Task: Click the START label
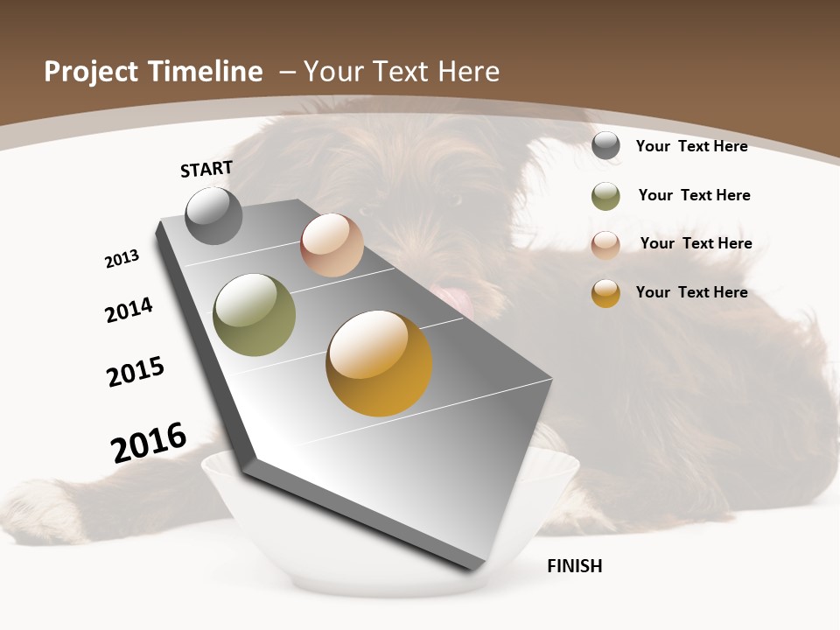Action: (x=206, y=169)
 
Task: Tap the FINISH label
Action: (x=574, y=566)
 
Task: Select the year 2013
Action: (x=122, y=258)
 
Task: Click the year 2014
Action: (x=129, y=310)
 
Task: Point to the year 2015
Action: (x=136, y=371)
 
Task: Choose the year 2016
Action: (x=149, y=442)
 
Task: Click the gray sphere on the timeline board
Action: (x=213, y=215)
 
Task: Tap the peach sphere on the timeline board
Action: (x=332, y=245)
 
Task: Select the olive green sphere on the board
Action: (x=254, y=315)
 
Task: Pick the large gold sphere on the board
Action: (x=379, y=363)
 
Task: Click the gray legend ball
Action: (x=605, y=146)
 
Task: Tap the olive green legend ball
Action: (x=605, y=196)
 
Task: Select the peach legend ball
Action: (x=605, y=245)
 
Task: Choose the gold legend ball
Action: (x=605, y=293)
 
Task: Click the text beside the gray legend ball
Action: (x=691, y=146)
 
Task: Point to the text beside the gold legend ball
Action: (x=691, y=292)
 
